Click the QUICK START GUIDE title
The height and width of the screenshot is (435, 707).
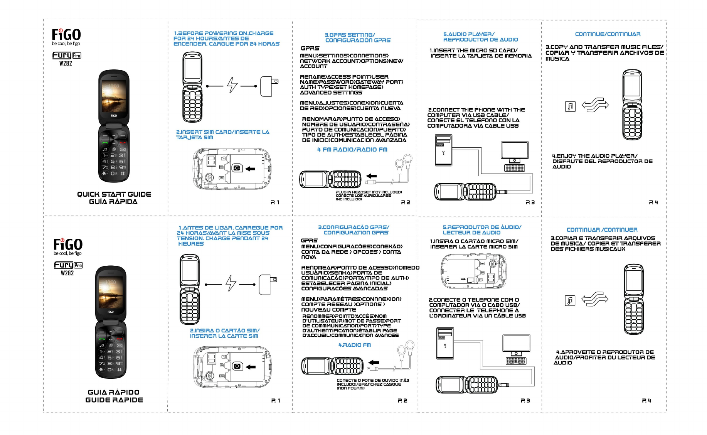pos(114,194)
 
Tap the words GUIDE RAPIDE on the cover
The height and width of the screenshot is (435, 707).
pos(114,400)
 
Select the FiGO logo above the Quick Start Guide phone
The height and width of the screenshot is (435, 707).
pos(66,35)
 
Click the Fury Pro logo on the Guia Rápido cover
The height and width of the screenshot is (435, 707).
pos(68,265)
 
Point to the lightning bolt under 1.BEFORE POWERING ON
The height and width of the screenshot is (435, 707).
pos(232,85)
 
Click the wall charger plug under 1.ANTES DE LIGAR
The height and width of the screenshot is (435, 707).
pos(267,285)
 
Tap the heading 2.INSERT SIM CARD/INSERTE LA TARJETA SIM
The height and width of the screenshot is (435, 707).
pos(222,135)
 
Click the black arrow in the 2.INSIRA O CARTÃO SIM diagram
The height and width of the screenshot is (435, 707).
pos(251,367)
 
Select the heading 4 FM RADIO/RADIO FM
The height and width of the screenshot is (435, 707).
pos(352,150)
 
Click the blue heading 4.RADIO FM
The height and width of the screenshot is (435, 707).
pos(354,345)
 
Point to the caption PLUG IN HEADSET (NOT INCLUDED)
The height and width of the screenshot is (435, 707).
pos(369,192)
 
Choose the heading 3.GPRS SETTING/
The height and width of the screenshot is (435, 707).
pos(350,35)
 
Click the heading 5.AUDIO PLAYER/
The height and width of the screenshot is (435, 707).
pos(468,34)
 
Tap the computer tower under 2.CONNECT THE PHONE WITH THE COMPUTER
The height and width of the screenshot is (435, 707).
pos(443,150)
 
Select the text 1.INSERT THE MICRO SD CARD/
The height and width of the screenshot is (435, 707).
pos(473,51)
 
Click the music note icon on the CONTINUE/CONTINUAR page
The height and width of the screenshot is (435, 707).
pos(570,106)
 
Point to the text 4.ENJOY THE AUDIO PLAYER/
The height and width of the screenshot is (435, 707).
pos(594,156)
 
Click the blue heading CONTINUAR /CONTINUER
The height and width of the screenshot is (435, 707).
pos(602,230)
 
